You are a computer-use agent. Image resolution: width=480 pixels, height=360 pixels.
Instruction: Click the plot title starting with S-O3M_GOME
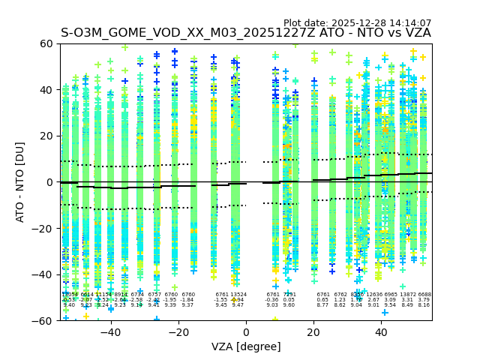point(246,33)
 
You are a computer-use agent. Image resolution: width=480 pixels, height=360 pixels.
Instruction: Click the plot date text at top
point(357,23)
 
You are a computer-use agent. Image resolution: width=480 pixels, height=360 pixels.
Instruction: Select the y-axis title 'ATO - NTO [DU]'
point(20,182)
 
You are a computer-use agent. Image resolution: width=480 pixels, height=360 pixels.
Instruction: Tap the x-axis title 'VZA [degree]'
point(246,346)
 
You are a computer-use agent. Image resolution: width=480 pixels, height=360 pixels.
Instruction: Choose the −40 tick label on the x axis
point(110,331)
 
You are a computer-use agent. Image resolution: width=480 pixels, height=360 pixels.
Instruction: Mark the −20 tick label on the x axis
point(178,331)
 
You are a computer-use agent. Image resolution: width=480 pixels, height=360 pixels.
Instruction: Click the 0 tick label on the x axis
point(246,331)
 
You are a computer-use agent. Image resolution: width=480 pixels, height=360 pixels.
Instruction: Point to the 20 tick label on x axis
point(313,331)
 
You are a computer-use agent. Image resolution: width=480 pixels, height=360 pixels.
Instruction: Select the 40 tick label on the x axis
point(381,331)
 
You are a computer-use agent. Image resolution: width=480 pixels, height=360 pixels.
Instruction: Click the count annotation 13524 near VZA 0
point(238,295)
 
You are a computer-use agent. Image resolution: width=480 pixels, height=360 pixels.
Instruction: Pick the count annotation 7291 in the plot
point(289,295)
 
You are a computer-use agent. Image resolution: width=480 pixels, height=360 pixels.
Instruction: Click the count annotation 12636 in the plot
point(373,295)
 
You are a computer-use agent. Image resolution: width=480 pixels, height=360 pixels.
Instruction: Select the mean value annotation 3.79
point(424,300)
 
